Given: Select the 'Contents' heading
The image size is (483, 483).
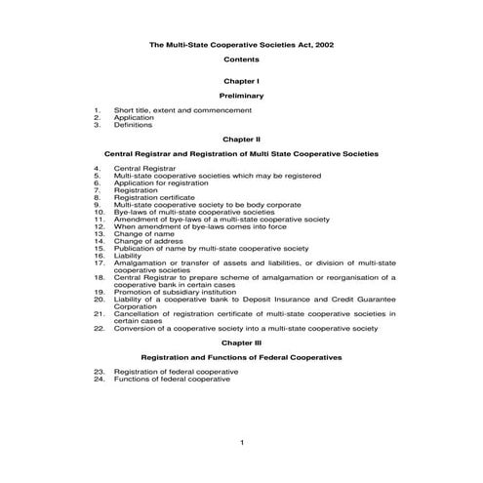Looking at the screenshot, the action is coord(241,60).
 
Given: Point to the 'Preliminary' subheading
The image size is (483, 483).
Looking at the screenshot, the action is coord(241,97).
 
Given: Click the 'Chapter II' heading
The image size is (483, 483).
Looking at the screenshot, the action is coord(241,139).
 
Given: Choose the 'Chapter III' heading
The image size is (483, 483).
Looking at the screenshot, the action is coord(241,343).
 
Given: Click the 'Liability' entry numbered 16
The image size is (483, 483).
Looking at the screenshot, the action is coord(128,256).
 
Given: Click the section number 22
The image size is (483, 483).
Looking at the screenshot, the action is coord(99,328).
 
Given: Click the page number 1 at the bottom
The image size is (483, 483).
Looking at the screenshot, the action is coord(241,443).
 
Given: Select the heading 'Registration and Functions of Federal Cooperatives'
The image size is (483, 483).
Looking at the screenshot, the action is coord(241,358).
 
